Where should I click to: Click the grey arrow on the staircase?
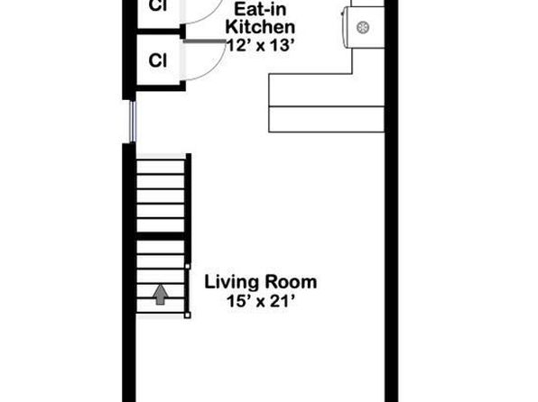point(161,295)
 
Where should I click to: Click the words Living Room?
point(261,282)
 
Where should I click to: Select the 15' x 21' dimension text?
point(261,302)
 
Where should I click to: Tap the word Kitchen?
point(260,27)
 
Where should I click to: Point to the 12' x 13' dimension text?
point(261,45)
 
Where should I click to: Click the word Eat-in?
point(260,9)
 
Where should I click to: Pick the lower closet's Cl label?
point(158,60)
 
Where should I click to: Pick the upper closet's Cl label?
point(158,5)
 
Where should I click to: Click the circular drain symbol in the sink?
point(363,27)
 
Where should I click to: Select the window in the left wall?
point(133,122)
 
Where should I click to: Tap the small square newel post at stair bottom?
point(188,315)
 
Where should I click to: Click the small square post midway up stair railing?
point(188,266)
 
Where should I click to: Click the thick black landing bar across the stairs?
point(161,236)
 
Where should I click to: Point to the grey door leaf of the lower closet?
point(205,41)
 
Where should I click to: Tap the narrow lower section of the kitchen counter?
point(326,119)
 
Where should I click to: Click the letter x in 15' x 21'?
point(261,303)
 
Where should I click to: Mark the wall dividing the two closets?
point(161,32)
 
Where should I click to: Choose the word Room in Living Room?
point(290,282)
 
